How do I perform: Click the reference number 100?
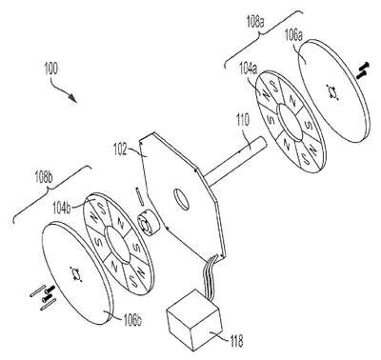[50, 69]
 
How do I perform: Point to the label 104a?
[249, 70]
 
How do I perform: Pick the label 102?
[120, 149]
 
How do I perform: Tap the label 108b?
[44, 179]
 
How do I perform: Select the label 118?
[235, 341]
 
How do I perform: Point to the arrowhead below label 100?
[73, 97]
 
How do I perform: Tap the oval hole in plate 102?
[181, 199]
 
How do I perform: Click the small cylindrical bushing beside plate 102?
[147, 225]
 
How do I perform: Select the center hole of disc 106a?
[333, 92]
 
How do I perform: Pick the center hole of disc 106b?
[76, 274]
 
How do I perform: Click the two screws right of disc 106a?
[363, 70]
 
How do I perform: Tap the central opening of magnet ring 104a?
[291, 122]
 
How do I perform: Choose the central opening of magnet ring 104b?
[117, 245]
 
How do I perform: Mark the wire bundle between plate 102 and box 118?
[210, 273]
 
